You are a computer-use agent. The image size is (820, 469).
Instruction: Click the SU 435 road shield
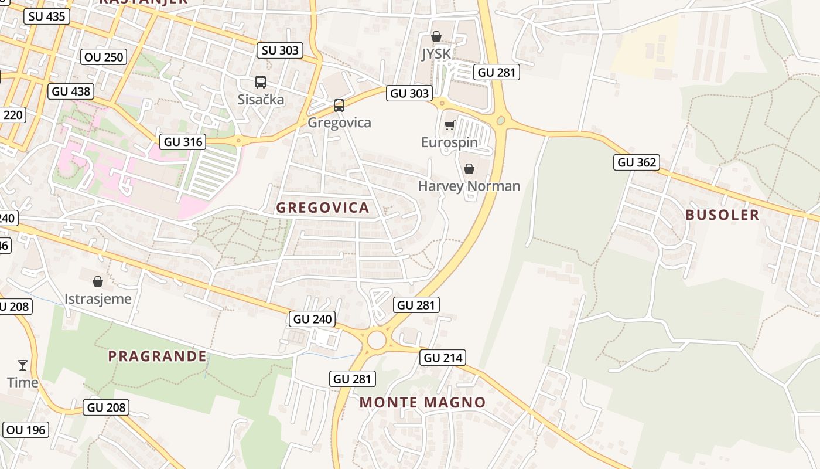47,16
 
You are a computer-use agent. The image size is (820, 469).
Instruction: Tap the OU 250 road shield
104,57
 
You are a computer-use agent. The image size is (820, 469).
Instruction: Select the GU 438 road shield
71,91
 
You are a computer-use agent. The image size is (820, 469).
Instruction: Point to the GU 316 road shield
183,141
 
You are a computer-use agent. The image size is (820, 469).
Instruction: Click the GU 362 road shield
637,162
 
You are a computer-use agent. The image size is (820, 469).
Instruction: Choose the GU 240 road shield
313,319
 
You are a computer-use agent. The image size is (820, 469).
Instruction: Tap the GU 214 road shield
443,358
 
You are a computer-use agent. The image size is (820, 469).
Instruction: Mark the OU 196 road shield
26,430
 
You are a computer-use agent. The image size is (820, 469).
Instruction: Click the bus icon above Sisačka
261,82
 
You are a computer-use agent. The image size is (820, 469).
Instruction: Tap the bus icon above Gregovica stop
339,106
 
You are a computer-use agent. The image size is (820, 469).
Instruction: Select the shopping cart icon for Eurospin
449,125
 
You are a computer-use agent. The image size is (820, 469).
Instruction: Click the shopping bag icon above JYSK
436,37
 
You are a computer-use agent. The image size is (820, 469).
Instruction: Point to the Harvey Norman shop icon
469,169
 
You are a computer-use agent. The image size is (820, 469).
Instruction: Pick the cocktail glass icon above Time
23,365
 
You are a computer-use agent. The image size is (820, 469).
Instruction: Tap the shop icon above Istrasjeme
98,281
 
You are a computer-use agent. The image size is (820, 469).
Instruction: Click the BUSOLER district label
722,215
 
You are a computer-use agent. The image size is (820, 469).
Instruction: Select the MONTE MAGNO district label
422,402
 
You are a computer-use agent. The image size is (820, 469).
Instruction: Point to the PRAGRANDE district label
157,356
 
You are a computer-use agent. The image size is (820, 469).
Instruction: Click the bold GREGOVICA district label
323,208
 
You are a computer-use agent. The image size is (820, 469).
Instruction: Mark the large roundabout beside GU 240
377,339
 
